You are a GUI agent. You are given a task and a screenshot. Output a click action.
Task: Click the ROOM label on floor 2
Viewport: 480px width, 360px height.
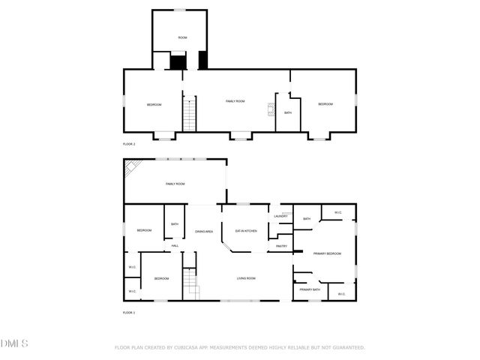click(182, 37)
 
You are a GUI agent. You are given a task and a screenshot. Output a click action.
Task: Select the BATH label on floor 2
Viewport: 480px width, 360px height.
click(288, 112)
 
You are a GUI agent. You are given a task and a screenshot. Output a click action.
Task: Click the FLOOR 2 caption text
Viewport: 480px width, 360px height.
click(129, 143)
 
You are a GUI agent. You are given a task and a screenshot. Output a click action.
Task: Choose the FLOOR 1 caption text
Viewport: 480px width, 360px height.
click(129, 312)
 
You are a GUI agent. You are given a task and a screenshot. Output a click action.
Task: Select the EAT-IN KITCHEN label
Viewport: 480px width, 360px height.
click(247, 231)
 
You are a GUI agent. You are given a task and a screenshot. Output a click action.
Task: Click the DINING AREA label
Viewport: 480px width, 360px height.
click(204, 231)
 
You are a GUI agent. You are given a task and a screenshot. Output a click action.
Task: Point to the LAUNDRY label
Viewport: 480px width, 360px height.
click(281, 217)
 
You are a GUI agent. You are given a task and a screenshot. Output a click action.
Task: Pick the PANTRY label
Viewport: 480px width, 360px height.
click(282, 246)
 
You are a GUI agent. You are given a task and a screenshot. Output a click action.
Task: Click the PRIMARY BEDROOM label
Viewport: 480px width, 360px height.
click(327, 254)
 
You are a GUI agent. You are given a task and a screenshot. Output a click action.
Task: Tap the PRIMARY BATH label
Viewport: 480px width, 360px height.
click(310, 289)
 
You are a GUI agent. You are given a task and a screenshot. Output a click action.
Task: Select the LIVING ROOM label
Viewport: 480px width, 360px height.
click(246, 278)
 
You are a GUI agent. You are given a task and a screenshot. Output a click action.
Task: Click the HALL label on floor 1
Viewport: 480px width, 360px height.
click(175, 245)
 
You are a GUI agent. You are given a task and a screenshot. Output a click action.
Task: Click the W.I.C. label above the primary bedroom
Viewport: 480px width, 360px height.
click(337, 212)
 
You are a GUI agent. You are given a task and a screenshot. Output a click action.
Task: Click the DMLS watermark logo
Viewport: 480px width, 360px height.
click(14, 343)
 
